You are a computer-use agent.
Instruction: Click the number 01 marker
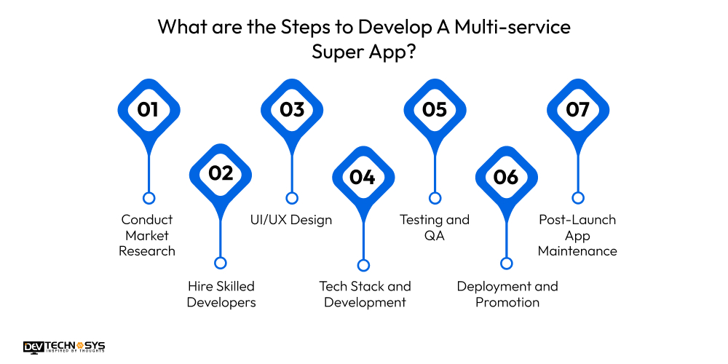pyautogui.click(x=149, y=110)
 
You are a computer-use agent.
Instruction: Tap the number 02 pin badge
pyautogui.click(x=221, y=174)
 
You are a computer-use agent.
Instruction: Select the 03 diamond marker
pyautogui.click(x=292, y=110)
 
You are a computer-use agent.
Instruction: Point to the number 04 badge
pyautogui.click(x=363, y=177)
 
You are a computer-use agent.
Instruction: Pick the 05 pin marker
pyautogui.click(x=435, y=110)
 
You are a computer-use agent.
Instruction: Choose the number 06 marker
pyautogui.click(x=506, y=177)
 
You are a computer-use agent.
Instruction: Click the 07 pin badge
pyautogui.click(x=577, y=110)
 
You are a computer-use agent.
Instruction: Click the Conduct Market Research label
pyautogui.click(x=148, y=235)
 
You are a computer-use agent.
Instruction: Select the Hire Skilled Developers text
pyautogui.click(x=221, y=294)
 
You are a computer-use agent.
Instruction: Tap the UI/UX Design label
pyautogui.click(x=292, y=220)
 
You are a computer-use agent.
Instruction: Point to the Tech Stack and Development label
pyautogui.click(x=365, y=294)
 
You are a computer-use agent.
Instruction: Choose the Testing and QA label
pyautogui.click(x=435, y=227)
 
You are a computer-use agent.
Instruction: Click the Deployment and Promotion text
pyautogui.click(x=507, y=294)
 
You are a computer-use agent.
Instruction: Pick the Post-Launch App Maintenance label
pyautogui.click(x=577, y=235)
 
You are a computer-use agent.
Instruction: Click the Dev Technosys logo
pyautogui.click(x=64, y=347)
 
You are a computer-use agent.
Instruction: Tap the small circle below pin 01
pyautogui.click(x=149, y=198)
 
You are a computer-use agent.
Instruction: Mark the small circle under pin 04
pyautogui.click(x=363, y=266)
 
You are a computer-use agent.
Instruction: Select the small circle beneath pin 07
pyautogui.click(x=577, y=198)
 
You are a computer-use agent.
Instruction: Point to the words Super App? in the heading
pyautogui.click(x=364, y=52)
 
